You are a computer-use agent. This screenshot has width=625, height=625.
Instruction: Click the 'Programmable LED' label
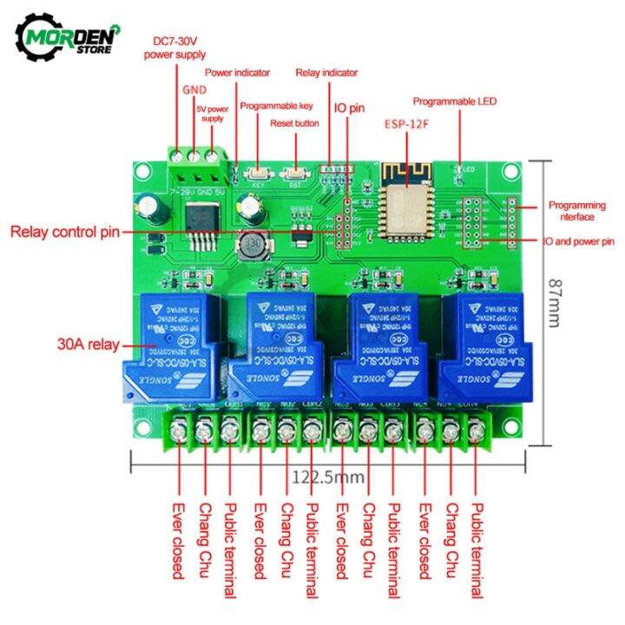(454, 101)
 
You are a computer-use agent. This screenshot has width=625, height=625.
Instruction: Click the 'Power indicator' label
(237, 73)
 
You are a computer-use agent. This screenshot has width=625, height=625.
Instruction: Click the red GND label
(194, 89)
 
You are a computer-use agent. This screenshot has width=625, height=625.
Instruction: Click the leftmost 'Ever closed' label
(178, 540)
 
